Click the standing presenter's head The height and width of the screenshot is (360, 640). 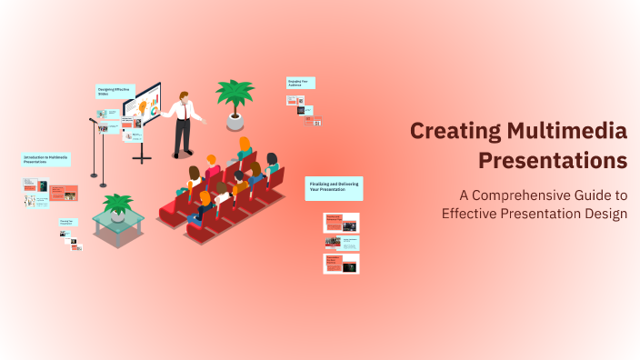185,95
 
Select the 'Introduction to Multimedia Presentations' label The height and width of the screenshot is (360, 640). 45,159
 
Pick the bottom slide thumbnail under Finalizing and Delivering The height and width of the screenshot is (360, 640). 342,264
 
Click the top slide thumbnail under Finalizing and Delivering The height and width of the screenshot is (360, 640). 342,222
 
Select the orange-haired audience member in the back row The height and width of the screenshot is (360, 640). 244,145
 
